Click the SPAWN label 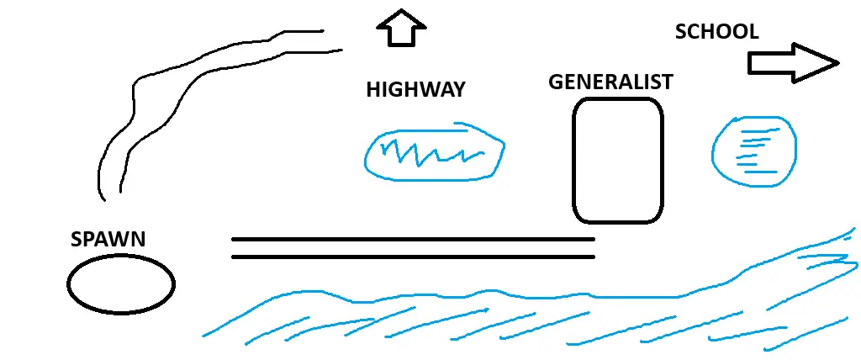108,240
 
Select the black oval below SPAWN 120,284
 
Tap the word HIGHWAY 415,90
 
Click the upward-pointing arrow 402,28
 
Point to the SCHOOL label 716,32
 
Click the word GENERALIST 610,82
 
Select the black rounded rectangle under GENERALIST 617,161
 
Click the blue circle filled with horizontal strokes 753,151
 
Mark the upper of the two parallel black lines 412,239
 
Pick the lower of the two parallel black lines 412,257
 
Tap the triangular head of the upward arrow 402,19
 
